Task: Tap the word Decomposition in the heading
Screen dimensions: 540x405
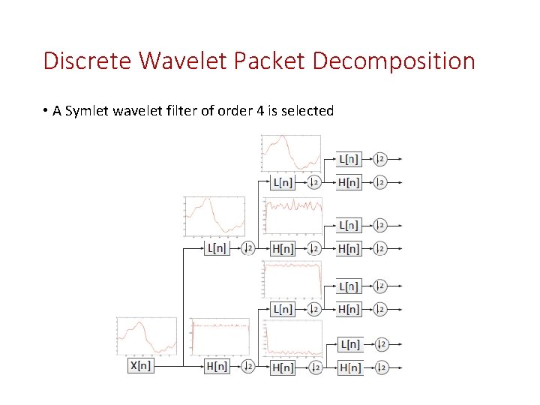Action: pos(393,61)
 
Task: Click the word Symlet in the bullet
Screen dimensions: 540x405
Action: pos(85,111)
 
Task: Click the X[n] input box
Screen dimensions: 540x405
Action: pos(140,366)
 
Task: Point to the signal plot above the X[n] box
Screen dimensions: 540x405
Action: pos(146,337)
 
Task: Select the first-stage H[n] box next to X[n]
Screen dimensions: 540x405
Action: pos(217,366)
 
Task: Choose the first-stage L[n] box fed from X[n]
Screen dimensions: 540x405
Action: pos(217,248)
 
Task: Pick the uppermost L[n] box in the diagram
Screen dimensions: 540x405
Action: pos(349,159)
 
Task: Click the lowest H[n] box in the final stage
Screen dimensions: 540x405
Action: pos(349,367)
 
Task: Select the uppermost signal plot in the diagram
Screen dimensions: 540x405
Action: pos(291,154)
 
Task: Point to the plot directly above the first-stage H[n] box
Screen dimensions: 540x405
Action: pos(219,337)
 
